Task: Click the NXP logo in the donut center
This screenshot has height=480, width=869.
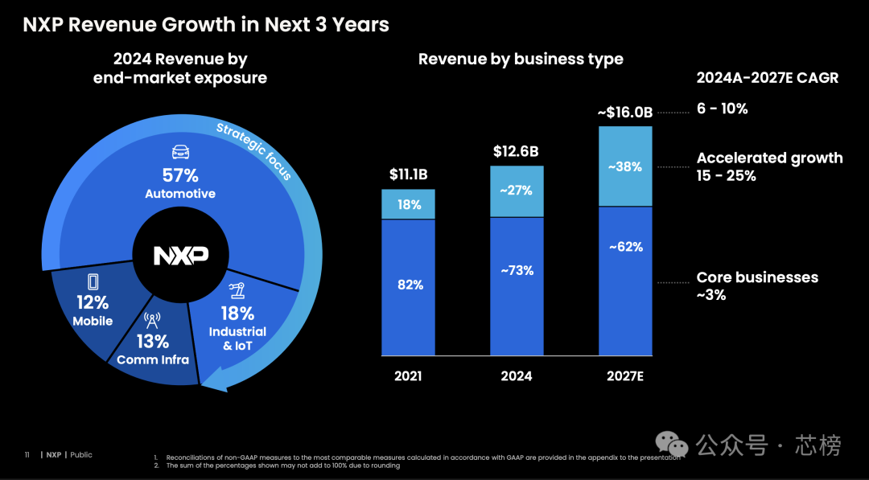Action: click(181, 255)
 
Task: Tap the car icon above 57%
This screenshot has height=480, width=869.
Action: click(181, 152)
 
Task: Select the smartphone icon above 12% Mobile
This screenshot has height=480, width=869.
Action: click(93, 282)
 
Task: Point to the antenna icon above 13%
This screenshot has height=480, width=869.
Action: click(152, 321)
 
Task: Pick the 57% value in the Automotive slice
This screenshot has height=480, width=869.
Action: click(180, 175)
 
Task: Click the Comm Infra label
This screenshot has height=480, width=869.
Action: click(152, 360)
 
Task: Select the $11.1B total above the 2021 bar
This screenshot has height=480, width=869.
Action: click(409, 175)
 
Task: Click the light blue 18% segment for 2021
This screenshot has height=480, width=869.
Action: click(409, 204)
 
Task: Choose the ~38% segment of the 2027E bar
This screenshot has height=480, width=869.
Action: click(625, 166)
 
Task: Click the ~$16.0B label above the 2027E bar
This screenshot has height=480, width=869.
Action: click(625, 113)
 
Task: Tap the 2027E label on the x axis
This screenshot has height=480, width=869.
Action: click(625, 376)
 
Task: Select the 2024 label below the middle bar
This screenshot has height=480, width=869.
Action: click(517, 376)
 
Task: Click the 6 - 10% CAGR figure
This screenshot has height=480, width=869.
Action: click(722, 109)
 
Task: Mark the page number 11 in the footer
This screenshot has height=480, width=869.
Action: click(27, 455)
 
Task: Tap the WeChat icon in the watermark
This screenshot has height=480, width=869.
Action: click(672, 445)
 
